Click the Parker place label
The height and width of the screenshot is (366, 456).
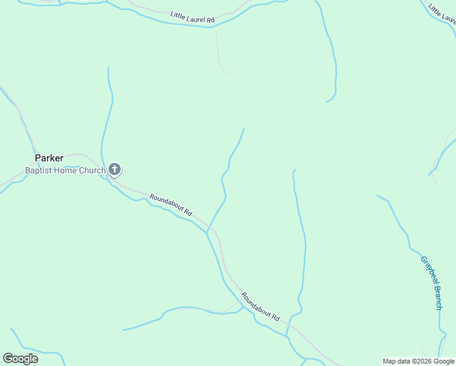(x=49, y=157)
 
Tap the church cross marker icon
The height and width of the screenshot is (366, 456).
(x=115, y=169)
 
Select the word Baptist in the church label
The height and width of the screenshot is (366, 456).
(x=37, y=171)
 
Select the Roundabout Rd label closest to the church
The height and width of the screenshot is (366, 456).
(x=171, y=205)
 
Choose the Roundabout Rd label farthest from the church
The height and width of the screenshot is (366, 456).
(x=260, y=307)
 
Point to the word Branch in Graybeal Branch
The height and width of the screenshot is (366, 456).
(x=436, y=298)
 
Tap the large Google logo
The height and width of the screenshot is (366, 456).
(x=20, y=358)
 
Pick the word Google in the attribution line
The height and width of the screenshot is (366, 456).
(x=444, y=361)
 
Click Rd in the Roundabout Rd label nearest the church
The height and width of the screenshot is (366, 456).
(x=188, y=213)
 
